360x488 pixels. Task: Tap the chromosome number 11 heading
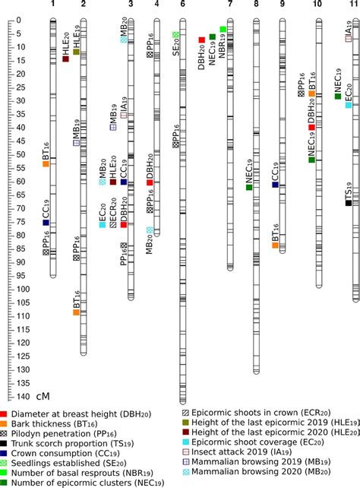(355, 5)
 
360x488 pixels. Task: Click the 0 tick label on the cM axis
(27, 19)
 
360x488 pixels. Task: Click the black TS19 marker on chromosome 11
(349, 202)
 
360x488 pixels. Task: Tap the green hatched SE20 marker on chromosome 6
(175, 35)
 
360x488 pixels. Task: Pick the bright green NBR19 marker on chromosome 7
(223, 30)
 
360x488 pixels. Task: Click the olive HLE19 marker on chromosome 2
(76, 52)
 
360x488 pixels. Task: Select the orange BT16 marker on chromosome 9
(275, 245)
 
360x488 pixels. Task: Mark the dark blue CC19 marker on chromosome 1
(46, 223)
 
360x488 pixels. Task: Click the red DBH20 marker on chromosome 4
(150, 182)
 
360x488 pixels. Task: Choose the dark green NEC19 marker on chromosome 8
(249, 187)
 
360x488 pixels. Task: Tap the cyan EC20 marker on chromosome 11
(349, 105)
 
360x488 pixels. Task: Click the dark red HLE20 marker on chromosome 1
(65, 59)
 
